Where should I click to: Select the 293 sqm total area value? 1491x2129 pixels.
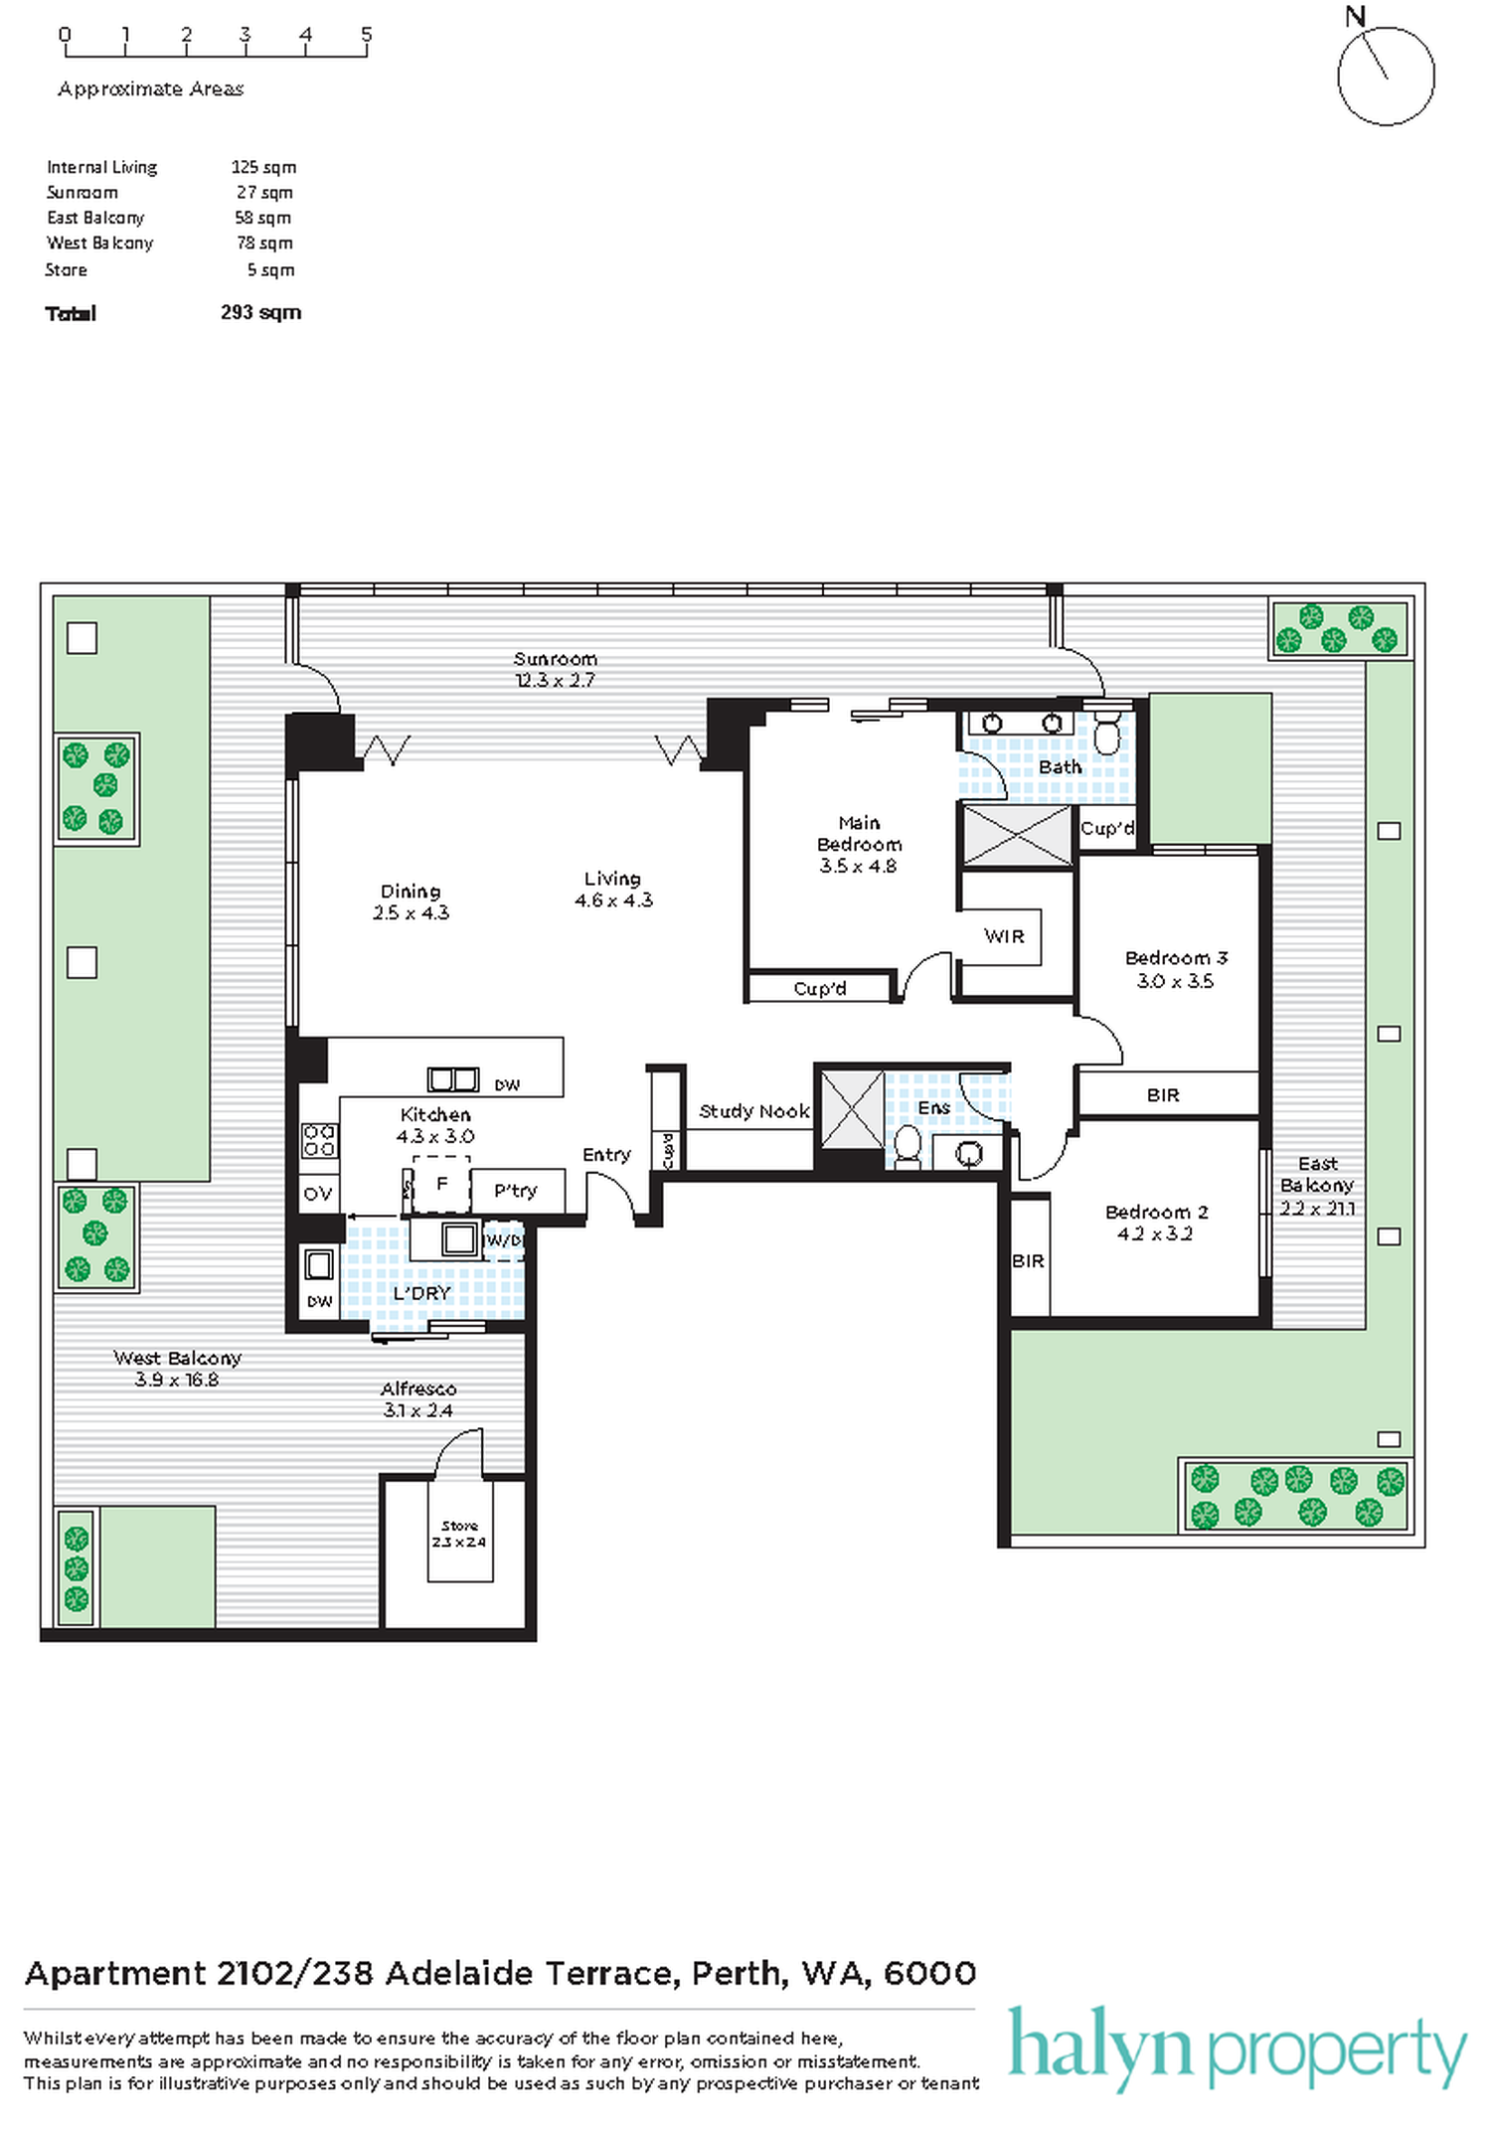click(x=260, y=312)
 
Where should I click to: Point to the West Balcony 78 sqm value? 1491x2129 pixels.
click(x=264, y=243)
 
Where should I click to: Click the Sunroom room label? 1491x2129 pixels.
click(x=555, y=659)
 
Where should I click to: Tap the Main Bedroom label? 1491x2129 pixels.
click(x=859, y=833)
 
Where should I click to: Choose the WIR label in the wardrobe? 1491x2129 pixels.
click(x=1004, y=935)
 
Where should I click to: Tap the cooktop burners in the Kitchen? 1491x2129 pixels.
click(x=319, y=1140)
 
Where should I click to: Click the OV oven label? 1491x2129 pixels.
click(x=318, y=1194)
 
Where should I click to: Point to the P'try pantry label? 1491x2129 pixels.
click(x=515, y=1191)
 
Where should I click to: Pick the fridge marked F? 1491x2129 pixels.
click(x=441, y=1184)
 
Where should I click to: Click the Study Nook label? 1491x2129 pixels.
click(x=753, y=1111)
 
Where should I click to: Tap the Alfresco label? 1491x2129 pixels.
click(x=418, y=1389)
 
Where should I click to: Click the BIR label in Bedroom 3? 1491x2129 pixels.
click(x=1163, y=1095)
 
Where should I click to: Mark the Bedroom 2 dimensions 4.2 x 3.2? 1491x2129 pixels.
click(x=1154, y=1233)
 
